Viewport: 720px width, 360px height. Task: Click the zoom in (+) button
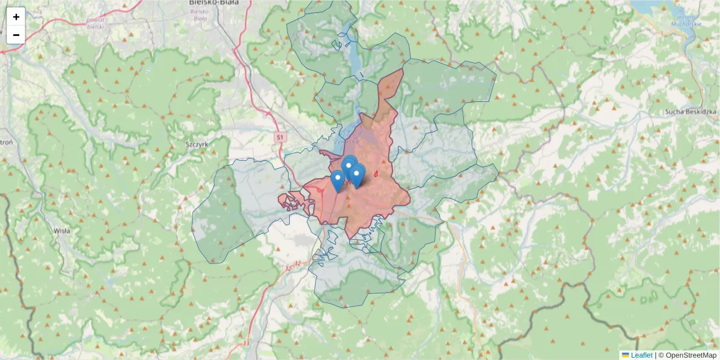click(16, 17)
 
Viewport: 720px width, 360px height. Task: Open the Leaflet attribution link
click(641, 355)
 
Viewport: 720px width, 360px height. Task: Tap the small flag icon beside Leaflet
click(625, 355)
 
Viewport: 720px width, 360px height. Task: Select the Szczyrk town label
click(196, 145)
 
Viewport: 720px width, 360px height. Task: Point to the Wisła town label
click(62, 230)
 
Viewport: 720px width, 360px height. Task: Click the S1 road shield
click(280, 137)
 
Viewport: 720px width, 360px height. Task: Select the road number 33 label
click(247, 343)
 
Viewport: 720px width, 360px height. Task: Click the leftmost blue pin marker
click(338, 181)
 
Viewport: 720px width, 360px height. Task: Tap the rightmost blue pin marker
click(357, 176)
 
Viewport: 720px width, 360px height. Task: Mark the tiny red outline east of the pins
click(376, 174)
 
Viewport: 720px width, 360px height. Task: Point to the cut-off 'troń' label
click(6, 143)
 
